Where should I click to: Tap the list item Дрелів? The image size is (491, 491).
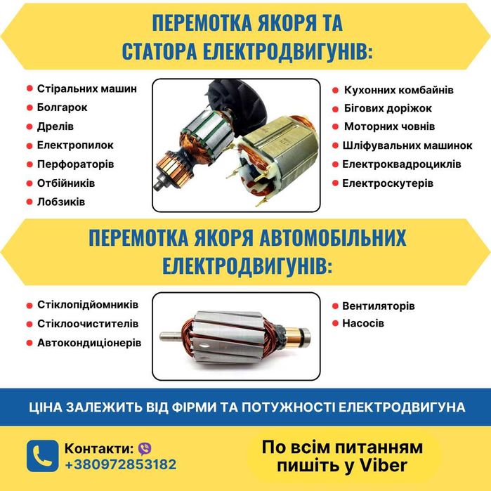pyautogui.click(x=55, y=126)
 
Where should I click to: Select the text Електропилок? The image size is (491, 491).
pyautogui.click(x=75, y=145)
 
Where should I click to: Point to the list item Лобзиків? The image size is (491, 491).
pyautogui.click(x=60, y=202)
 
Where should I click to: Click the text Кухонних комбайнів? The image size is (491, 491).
pyautogui.click(x=398, y=90)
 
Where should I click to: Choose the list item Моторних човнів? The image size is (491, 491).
pyautogui.click(x=389, y=126)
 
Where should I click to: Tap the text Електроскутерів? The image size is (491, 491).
pyautogui.click(x=388, y=183)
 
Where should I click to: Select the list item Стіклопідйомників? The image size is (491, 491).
pyautogui.click(x=87, y=305)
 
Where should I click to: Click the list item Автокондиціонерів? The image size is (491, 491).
pyautogui.click(x=89, y=343)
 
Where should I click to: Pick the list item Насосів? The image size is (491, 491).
pyautogui.click(x=363, y=325)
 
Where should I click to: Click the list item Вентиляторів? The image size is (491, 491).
pyautogui.click(x=378, y=306)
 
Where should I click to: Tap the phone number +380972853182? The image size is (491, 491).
pyautogui.click(x=121, y=464)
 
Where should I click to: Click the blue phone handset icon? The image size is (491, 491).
pyautogui.click(x=42, y=456)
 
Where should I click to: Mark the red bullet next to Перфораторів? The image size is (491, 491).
pyautogui.click(x=30, y=164)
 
